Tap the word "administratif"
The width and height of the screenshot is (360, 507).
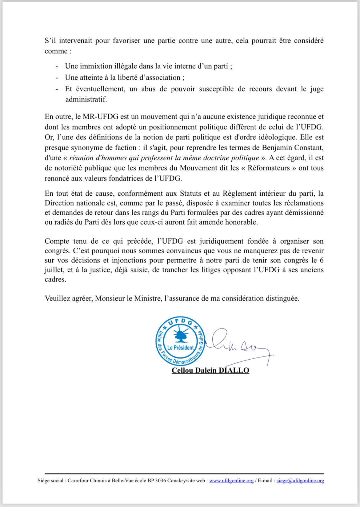(86, 99)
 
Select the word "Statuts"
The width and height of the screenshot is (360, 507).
(190, 194)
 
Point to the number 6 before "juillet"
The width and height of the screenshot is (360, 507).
(322, 260)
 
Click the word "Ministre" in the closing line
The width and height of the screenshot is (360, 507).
(147, 298)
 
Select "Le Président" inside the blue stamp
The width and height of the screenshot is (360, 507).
(181, 348)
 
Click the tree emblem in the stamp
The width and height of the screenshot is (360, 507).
(181, 335)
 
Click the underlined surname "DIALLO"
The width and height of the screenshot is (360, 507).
(234, 370)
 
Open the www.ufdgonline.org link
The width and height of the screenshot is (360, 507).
(231, 481)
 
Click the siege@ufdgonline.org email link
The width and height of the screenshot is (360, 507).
(300, 481)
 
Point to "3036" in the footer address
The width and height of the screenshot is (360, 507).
(160, 481)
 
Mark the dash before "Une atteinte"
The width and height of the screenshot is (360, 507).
(57, 78)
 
